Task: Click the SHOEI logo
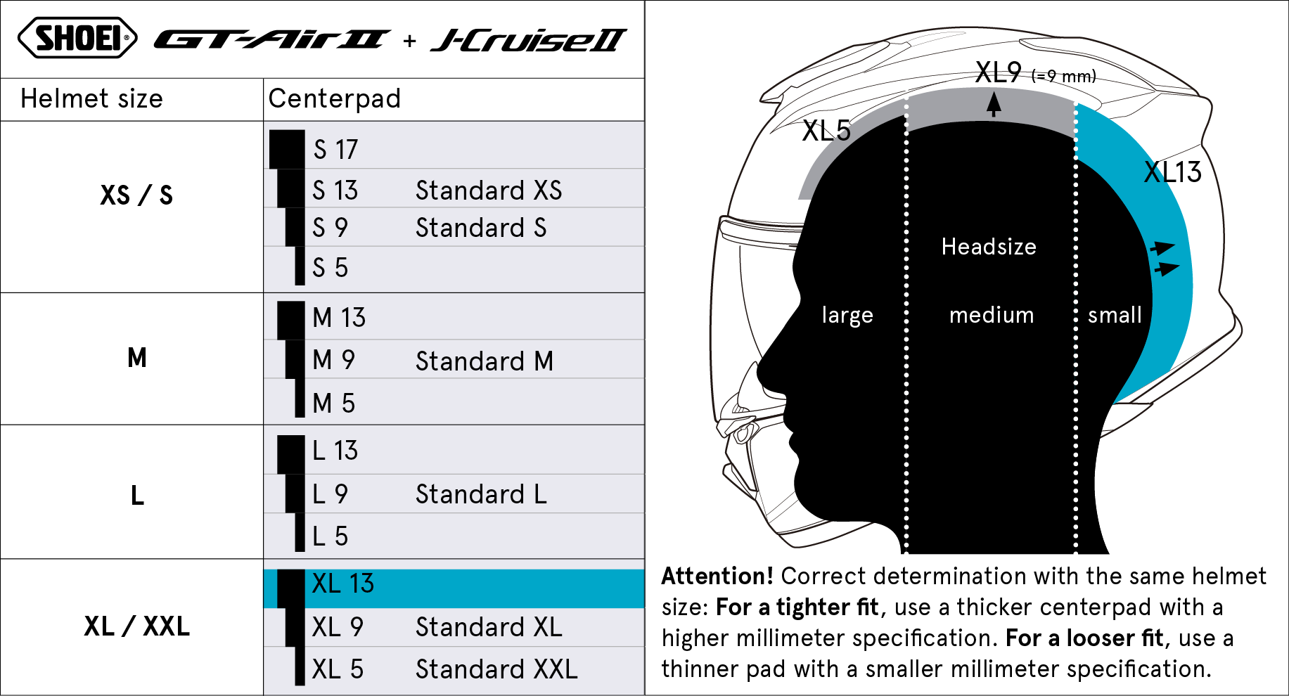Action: coord(77,38)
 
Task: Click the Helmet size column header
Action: coord(91,99)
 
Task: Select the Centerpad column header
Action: coord(335,99)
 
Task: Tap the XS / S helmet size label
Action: coord(136,195)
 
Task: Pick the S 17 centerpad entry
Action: coord(335,150)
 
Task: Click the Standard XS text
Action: coord(489,191)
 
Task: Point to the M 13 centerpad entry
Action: coord(339,318)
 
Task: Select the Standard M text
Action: coord(485,361)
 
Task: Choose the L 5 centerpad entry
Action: coord(330,536)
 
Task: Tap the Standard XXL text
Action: coord(496,669)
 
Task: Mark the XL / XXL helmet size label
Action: coord(136,626)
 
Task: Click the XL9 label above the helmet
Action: coord(998,72)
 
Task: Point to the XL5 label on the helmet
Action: coord(826,131)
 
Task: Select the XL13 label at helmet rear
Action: coord(1172,172)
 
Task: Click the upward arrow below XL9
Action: coord(993,105)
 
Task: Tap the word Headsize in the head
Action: coord(989,247)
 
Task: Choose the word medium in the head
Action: coord(992,315)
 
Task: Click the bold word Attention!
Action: coord(717,576)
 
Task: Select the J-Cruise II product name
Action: coord(528,41)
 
